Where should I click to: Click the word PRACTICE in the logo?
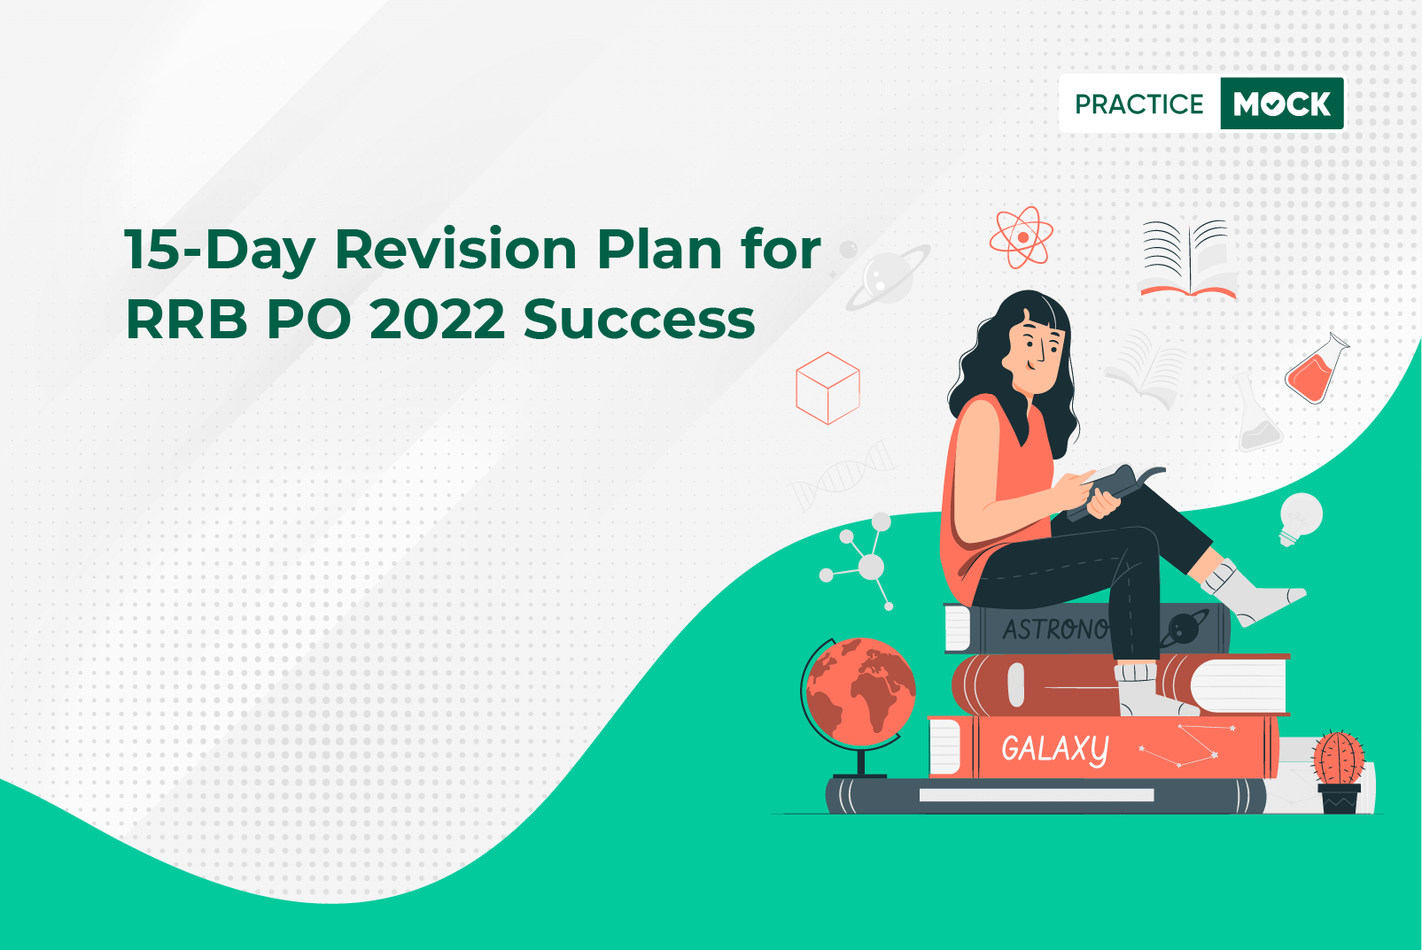(1138, 104)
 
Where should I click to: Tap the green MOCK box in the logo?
(1282, 104)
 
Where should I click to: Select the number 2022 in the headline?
(438, 319)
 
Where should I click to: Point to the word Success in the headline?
(640, 319)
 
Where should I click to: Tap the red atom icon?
(1021, 236)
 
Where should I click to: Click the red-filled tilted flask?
(1316, 369)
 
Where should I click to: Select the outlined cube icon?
(828, 388)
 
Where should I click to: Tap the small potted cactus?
(1338, 771)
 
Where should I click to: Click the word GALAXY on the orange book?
(1055, 748)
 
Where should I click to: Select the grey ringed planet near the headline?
(888, 276)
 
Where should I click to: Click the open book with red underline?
(1188, 259)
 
